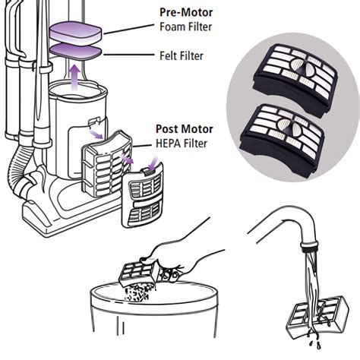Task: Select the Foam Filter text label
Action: [x=185, y=28]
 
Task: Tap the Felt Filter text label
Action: [x=180, y=56]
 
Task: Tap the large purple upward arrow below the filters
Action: [x=73, y=76]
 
